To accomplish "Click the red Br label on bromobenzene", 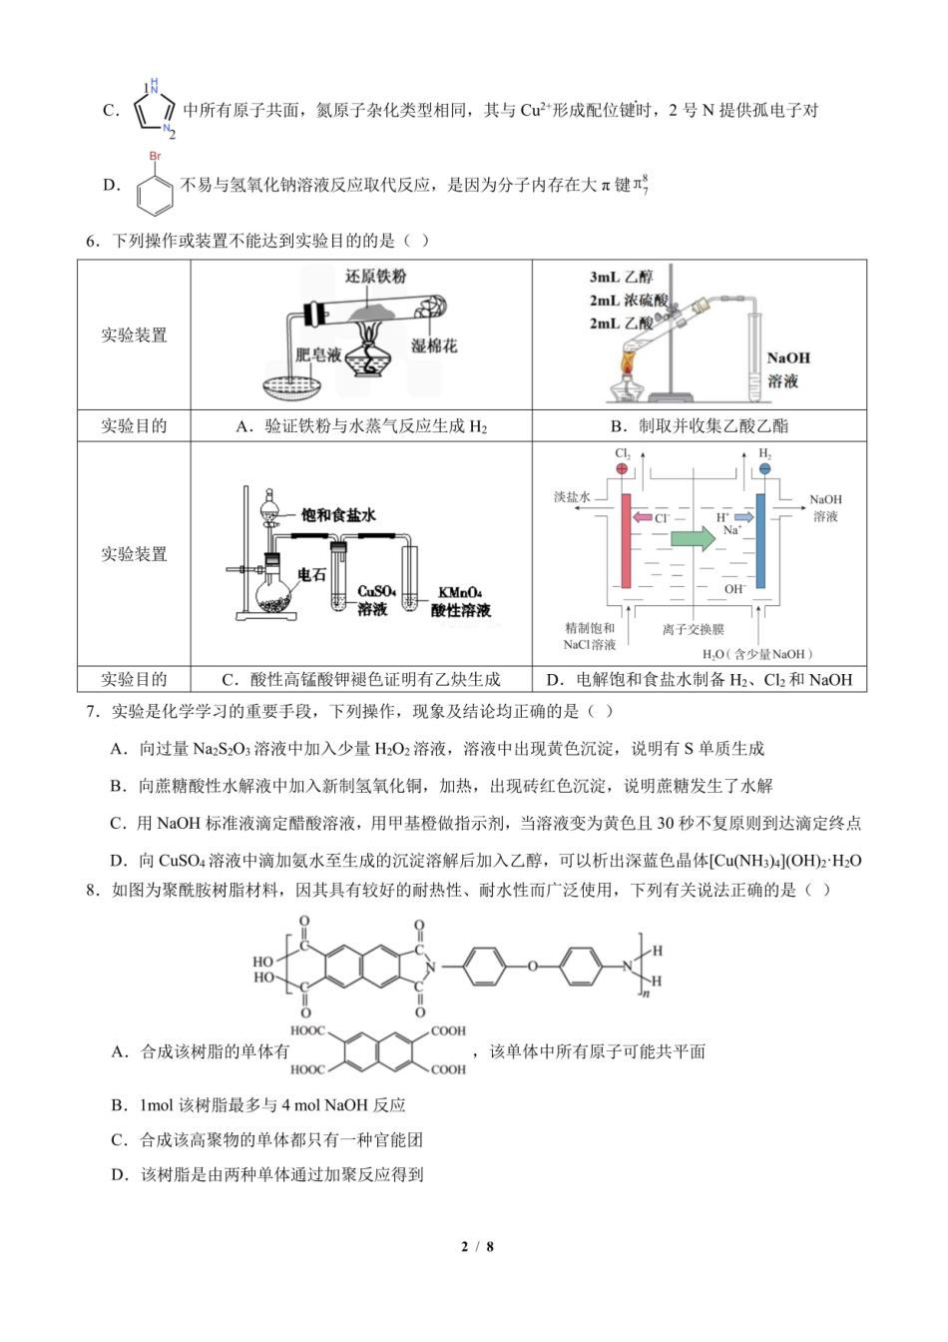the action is [155, 157].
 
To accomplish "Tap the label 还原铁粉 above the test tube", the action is [375, 277].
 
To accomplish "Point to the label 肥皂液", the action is [318, 354].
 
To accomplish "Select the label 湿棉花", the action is [434, 345].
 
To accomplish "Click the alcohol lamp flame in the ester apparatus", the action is [627, 361].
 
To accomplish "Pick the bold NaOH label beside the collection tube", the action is [788, 358].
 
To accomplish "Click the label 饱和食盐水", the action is [338, 514].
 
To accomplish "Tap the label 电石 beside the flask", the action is [311, 574].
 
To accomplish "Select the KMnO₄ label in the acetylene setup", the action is [460, 592].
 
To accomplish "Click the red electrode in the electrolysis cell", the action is [626, 541].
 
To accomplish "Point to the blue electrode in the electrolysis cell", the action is [760, 541].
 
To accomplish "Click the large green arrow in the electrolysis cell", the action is [693, 538].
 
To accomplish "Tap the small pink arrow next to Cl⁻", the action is [643, 517].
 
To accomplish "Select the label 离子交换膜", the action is [693, 629].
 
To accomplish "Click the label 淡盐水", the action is [572, 496].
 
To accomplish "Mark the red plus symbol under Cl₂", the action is [623, 468].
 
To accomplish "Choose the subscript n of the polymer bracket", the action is [645, 995].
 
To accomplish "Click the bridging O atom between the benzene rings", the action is [533, 966].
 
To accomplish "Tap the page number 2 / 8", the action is [477, 1247].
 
